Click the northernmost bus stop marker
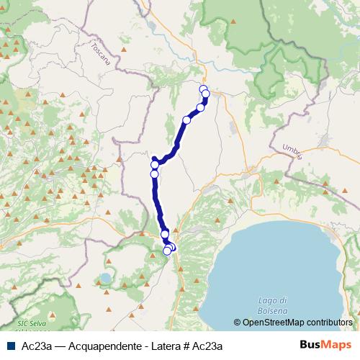pos(203,89)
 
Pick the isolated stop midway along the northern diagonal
pos(186,120)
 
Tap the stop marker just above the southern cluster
pos(165,234)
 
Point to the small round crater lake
pos(106,277)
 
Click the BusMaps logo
pos(325,345)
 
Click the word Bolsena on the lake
pos(273,310)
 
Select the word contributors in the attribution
pos(328,323)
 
